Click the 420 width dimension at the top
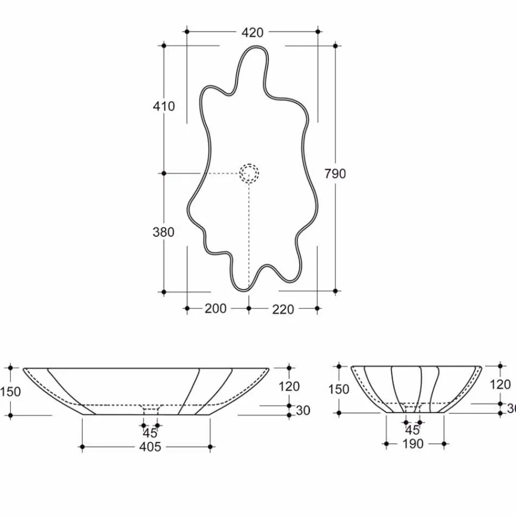click(252, 33)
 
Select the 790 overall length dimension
click(335, 174)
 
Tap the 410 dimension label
click(164, 106)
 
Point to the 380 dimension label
click(164, 232)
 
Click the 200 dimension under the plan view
click(216, 309)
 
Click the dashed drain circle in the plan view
click(249, 173)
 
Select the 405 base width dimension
click(150, 446)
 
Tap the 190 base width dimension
click(412, 444)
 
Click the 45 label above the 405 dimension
click(150, 433)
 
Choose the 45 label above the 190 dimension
click(412, 430)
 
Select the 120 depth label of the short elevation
click(500, 384)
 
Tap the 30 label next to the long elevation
click(303, 410)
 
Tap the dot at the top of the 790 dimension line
click(336, 46)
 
